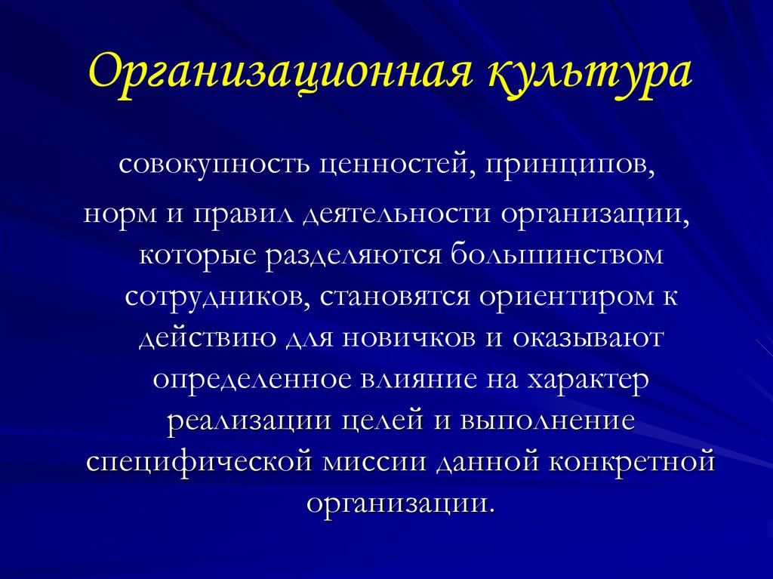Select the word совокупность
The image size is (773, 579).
[x=214, y=165]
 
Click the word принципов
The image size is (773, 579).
[x=571, y=165]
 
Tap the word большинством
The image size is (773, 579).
[x=557, y=254]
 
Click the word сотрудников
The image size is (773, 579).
[x=217, y=297]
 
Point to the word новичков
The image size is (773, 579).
[x=408, y=338]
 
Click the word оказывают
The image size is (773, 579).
[x=587, y=338]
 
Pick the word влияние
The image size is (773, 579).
[x=419, y=380]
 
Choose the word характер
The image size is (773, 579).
[x=587, y=380]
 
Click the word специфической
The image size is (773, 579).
[x=199, y=463]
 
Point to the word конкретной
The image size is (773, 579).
[x=632, y=463]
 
